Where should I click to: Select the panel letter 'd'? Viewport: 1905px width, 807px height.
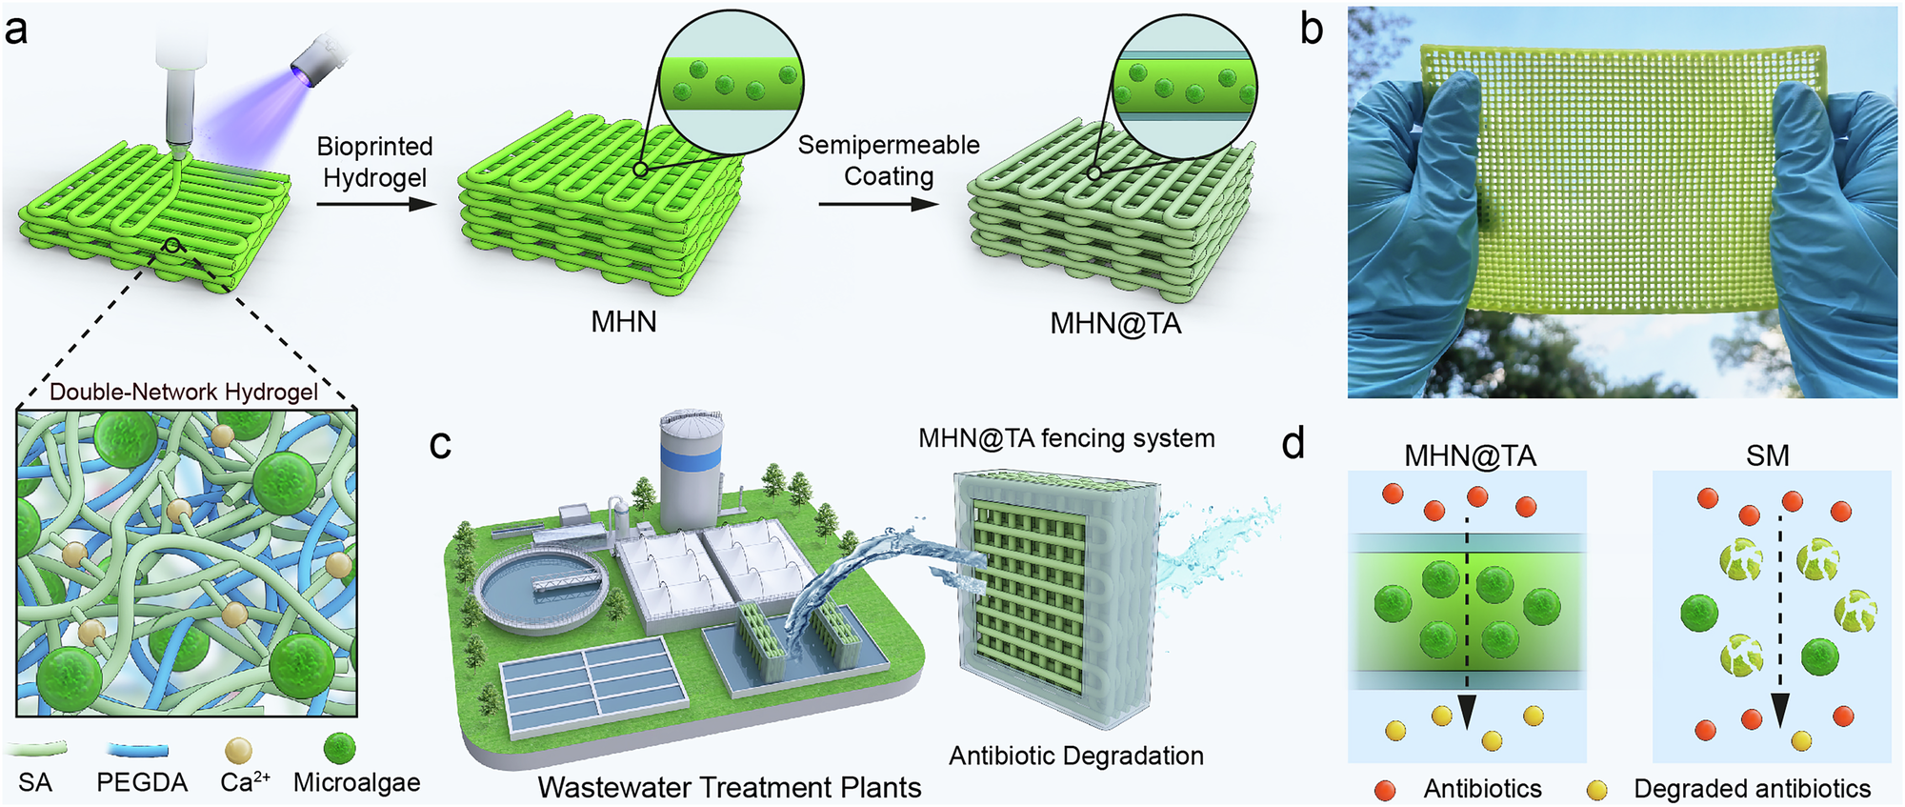tap(1293, 444)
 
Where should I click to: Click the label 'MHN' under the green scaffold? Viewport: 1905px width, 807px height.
tap(624, 322)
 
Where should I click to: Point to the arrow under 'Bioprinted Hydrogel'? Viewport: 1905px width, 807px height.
tap(375, 203)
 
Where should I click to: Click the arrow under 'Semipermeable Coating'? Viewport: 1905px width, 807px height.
tap(877, 203)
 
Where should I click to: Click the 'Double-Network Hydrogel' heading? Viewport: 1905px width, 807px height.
tap(184, 392)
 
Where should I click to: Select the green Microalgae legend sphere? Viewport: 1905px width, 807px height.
tap(340, 749)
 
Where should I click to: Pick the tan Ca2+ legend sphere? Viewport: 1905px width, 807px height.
tap(237, 751)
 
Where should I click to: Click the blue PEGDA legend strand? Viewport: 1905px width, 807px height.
tap(138, 751)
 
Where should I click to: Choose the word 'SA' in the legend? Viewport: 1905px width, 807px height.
tap(35, 783)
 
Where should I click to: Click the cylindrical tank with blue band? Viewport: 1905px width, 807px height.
tap(692, 471)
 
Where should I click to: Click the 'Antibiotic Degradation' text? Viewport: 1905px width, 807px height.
tap(1076, 756)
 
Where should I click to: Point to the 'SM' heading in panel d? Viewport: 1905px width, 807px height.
tap(1768, 455)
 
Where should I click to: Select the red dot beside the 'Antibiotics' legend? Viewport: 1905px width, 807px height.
tap(1386, 790)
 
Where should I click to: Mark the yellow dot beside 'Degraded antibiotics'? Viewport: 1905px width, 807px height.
tap(1597, 790)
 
